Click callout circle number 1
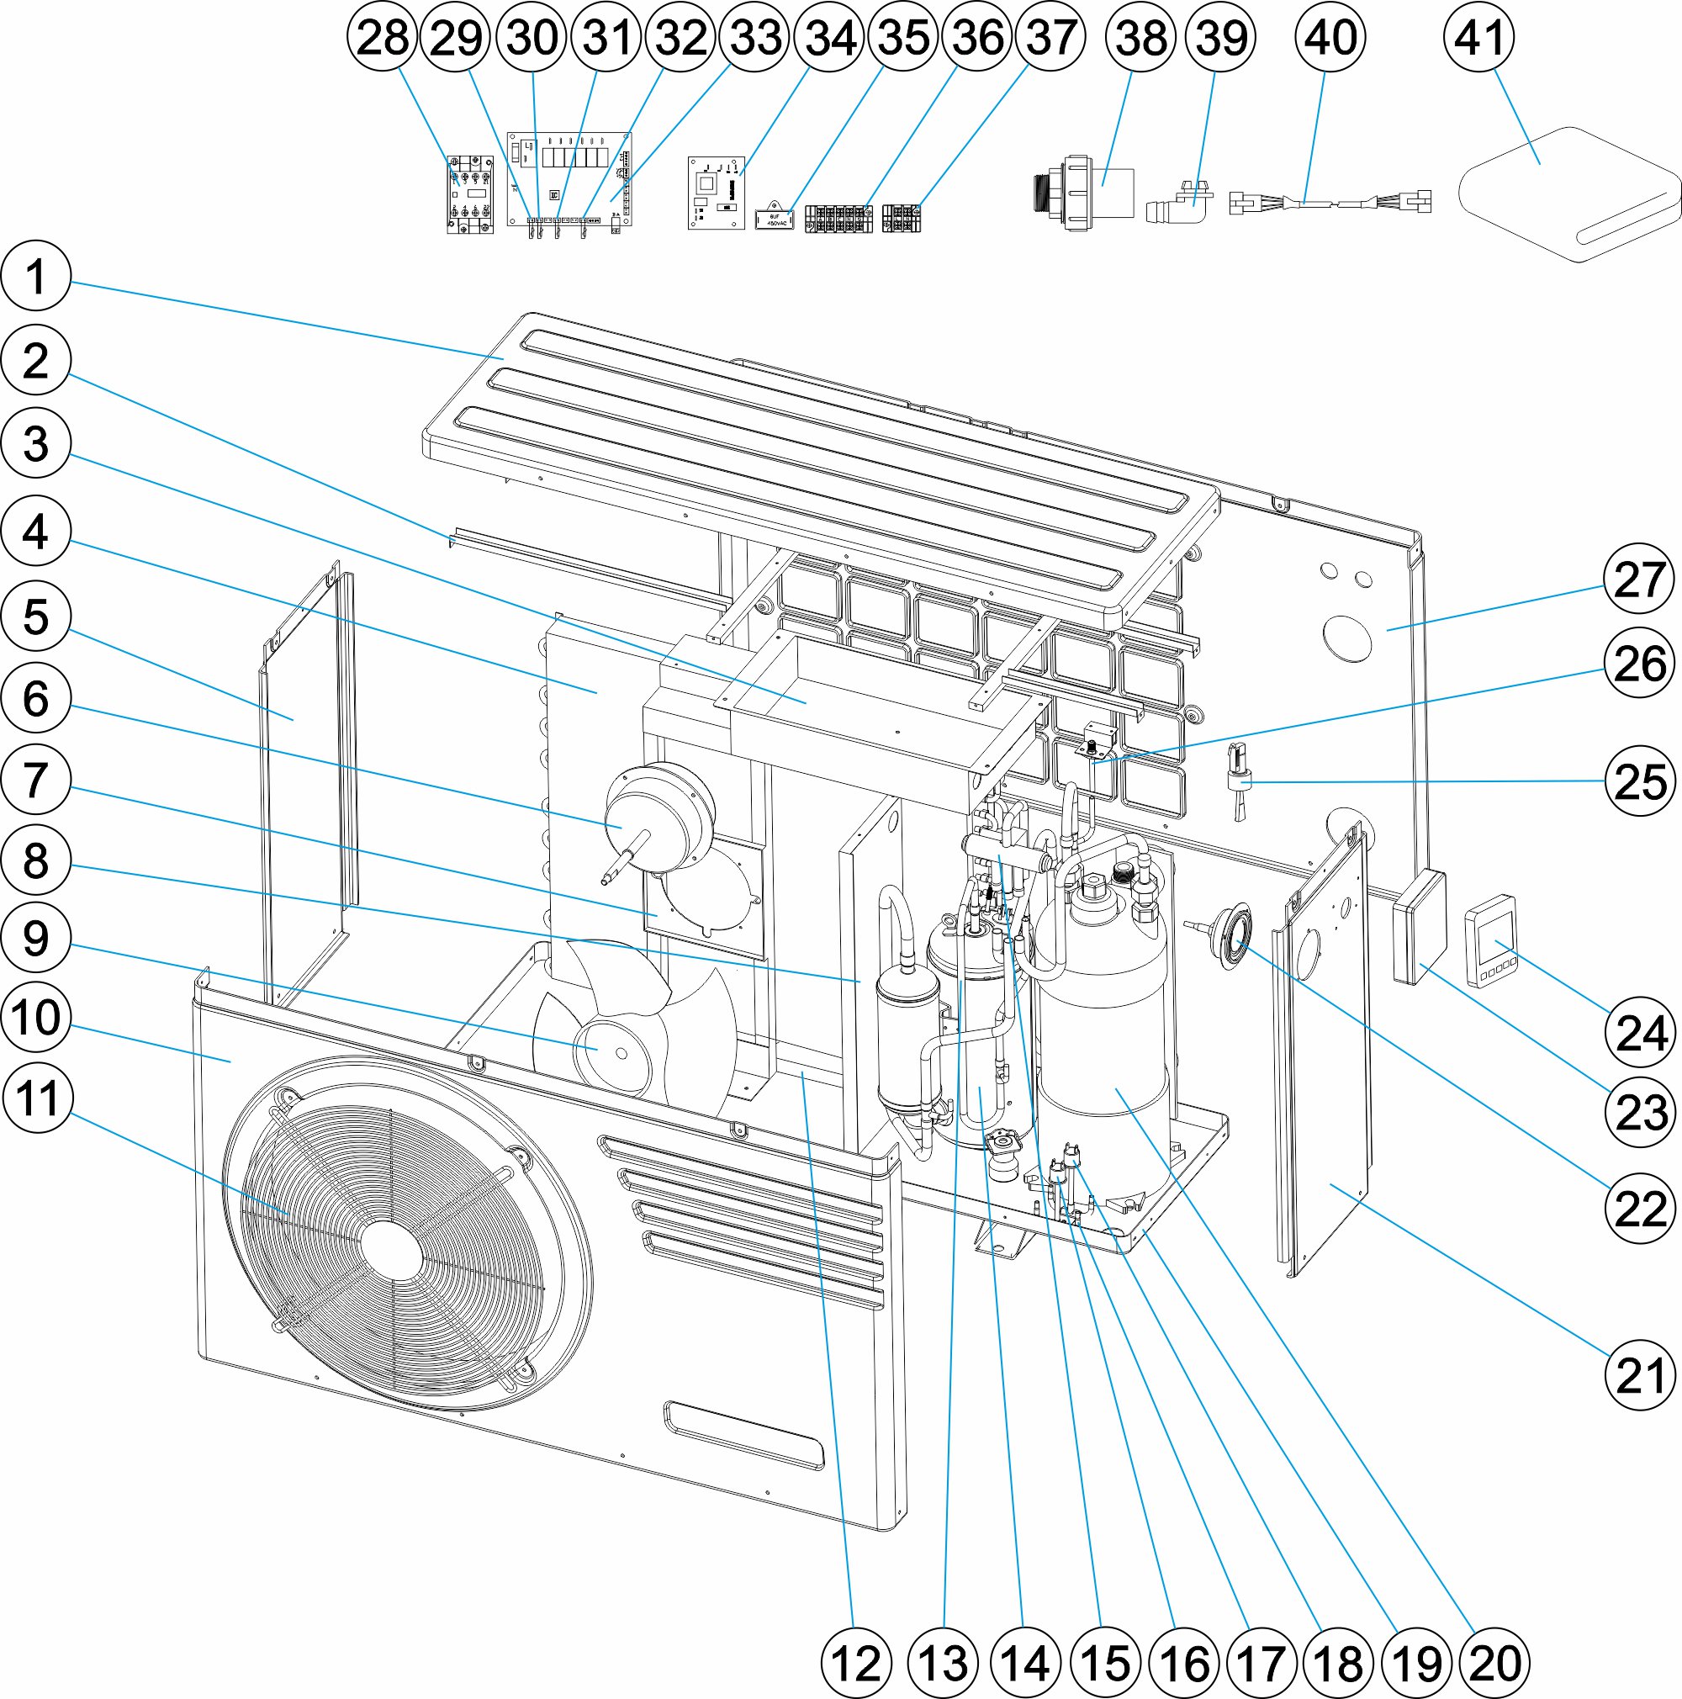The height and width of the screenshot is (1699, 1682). coord(35,276)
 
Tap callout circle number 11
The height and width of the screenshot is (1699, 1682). coord(38,1098)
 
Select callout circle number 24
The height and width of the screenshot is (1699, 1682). coord(1640,1032)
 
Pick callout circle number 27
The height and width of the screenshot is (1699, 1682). coord(1640,580)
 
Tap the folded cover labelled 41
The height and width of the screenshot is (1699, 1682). coord(1569,195)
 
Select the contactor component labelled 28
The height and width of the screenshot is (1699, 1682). coord(469,194)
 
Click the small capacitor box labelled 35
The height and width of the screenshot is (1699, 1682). coord(775,218)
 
